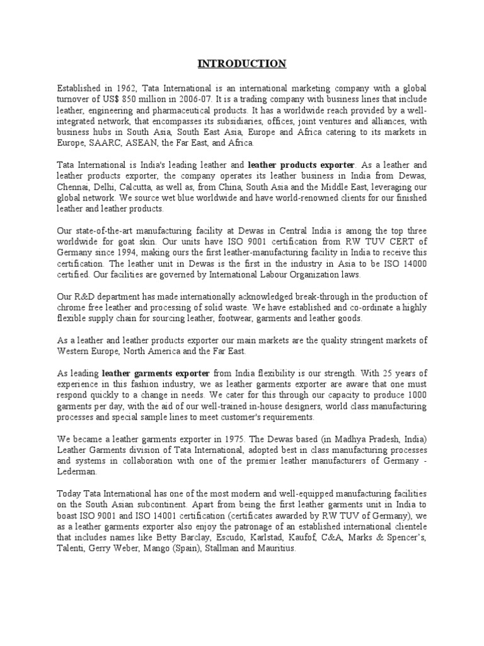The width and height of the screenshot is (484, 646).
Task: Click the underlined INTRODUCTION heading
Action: [242, 64]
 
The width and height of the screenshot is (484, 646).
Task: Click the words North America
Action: [144, 352]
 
